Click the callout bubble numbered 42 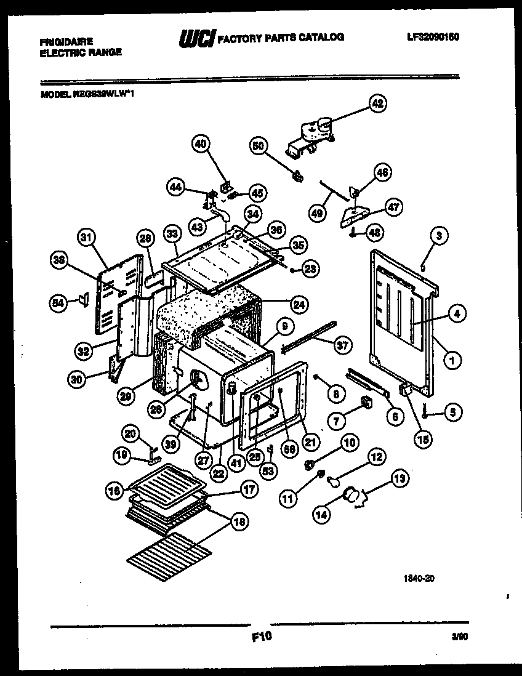pos(377,103)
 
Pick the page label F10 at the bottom pos(262,638)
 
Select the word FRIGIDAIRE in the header pos(66,41)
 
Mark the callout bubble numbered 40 pos(201,144)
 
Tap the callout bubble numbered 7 pos(337,422)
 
